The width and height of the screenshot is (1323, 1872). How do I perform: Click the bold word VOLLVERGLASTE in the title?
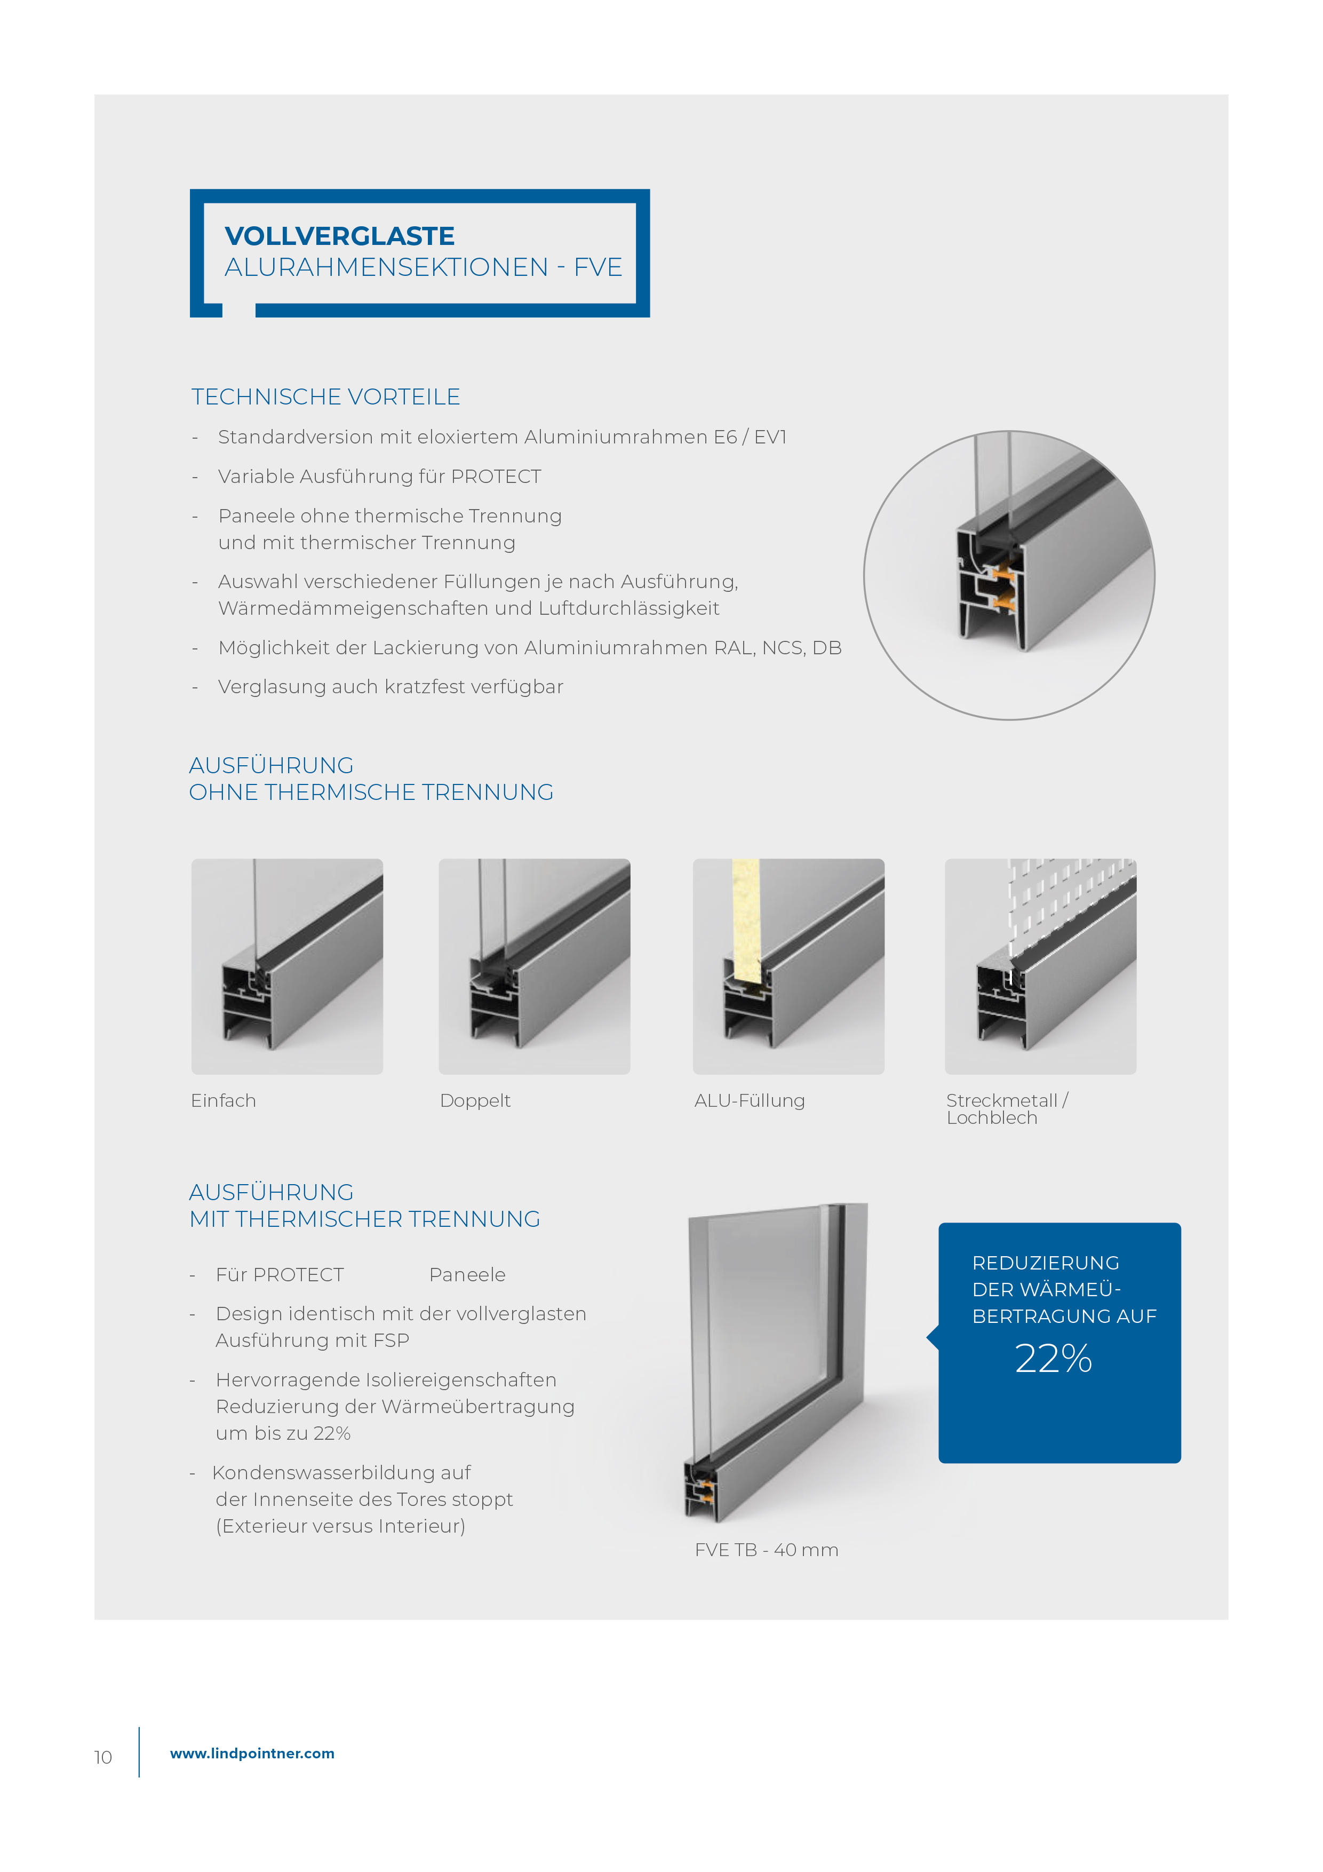tap(339, 236)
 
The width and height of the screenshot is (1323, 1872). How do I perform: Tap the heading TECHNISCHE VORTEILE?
tap(325, 397)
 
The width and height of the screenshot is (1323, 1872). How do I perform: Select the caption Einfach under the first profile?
tap(224, 1101)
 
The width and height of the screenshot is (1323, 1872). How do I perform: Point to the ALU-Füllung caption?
tap(749, 1101)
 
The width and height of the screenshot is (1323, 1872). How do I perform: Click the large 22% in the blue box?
tap(1053, 1359)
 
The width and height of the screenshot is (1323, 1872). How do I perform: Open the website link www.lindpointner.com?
tap(252, 1753)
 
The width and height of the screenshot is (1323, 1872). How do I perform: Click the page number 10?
tap(103, 1757)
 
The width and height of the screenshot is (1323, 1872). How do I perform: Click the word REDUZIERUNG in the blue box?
tap(1045, 1263)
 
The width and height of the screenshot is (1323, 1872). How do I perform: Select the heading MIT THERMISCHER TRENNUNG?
tap(364, 1220)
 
